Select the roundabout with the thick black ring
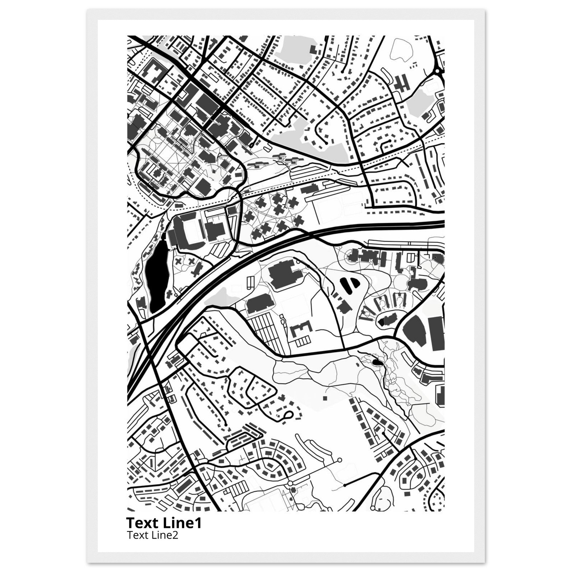pos(438,71)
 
